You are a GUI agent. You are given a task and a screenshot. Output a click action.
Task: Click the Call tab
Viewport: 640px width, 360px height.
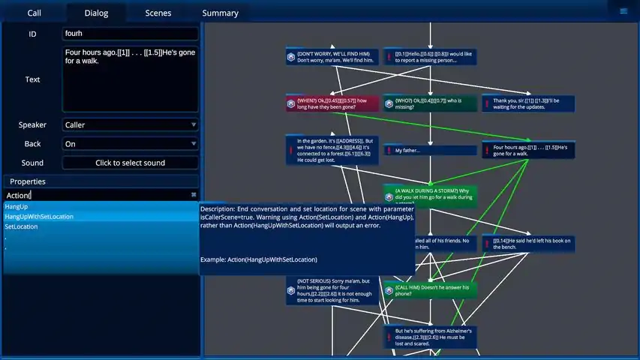pyautogui.click(x=35, y=13)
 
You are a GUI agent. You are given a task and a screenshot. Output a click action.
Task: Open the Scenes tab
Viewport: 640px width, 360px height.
pyautogui.click(x=158, y=13)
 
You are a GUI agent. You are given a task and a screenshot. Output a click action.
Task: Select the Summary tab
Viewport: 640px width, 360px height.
pyautogui.click(x=220, y=13)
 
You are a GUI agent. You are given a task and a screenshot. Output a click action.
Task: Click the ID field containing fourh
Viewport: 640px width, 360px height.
pyautogui.click(x=131, y=34)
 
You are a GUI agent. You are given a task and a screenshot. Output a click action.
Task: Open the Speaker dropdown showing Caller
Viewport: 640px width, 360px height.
pyautogui.click(x=131, y=125)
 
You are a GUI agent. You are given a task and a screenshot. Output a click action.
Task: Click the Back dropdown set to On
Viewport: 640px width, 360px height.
pyautogui.click(x=131, y=144)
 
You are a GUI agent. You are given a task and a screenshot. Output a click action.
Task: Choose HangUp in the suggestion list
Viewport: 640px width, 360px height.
pyautogui.click(x=17, y=206)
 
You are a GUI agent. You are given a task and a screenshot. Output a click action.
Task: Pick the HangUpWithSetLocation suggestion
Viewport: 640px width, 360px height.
pyautogui.click(x=39, y=217)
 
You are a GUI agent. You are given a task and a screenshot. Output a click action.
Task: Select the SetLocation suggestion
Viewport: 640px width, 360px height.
pyautogui.click(x=21, y=226)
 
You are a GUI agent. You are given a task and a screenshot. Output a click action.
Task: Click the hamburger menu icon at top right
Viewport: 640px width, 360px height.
pyautogui.click(x=623, y=11)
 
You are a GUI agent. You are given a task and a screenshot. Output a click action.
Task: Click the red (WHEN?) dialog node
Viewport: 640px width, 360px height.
pyautogui.click(x=332, y=103)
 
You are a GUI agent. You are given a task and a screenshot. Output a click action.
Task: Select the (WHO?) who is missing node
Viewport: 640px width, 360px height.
pyautogui.click(x=429, y=103)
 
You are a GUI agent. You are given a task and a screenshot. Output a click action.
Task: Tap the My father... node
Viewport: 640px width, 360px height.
pyautogui.click(x=429, y=150)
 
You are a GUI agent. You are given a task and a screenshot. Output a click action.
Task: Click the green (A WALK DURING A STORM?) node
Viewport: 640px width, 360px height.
pyautogui.click(x=429, y=196)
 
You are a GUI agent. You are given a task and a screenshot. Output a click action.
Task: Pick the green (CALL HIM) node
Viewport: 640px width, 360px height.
pyautogui.click(x=429, y=290)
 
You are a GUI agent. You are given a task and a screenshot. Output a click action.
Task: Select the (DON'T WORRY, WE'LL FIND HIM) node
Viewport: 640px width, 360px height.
pyautogui.click(x=332, y=56)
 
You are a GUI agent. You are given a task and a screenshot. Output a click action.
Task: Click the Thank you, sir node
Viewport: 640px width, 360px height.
pyautogui.click(x=527, y=103)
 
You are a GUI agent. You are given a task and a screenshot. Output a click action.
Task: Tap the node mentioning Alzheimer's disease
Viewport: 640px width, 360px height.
pyautogui.click(x=429, y=337)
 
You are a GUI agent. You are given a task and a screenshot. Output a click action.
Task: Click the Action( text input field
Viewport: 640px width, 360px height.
pyautogui.click(x=98, y=195)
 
